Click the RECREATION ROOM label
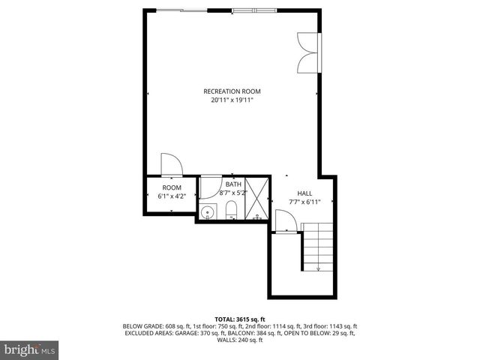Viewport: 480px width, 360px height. pos(232,91)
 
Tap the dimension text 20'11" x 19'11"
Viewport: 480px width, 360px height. pos(232,100)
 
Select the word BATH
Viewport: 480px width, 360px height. pos(233,184)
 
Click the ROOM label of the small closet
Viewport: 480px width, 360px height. pos(172,187)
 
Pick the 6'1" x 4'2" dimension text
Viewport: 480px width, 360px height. pos(172,196)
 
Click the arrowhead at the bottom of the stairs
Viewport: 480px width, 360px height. pos(318,268)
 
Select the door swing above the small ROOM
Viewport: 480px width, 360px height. pos(169,164)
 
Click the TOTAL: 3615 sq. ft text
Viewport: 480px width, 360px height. pos(240,319)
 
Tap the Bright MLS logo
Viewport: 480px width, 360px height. pos(30,349)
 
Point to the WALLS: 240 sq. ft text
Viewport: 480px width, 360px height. pos(240,340)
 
